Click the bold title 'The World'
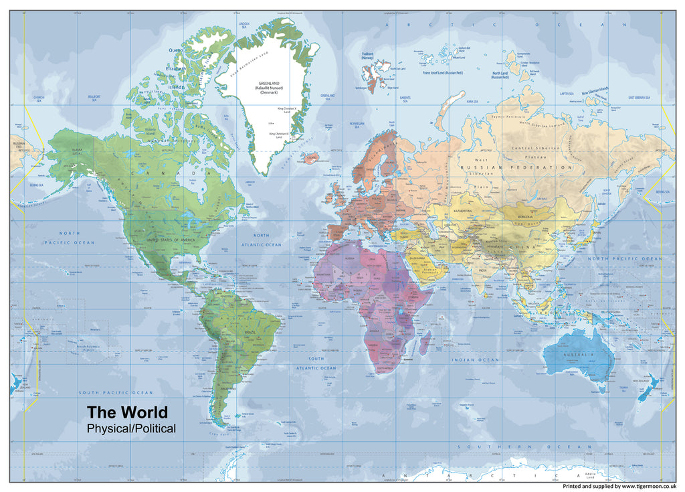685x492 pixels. (x=127, y=412)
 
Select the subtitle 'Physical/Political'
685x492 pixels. (x=131, y=428)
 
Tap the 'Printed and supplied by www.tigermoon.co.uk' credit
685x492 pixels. (x=619, y=486)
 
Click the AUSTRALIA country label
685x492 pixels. (x=579, y=354)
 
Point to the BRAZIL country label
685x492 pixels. (x=253, y=332)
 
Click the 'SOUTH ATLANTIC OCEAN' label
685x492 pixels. (x=316, y=363)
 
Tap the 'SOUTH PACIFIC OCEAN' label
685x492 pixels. (x=116, y=392)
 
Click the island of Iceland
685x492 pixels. (x=310, y=158)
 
